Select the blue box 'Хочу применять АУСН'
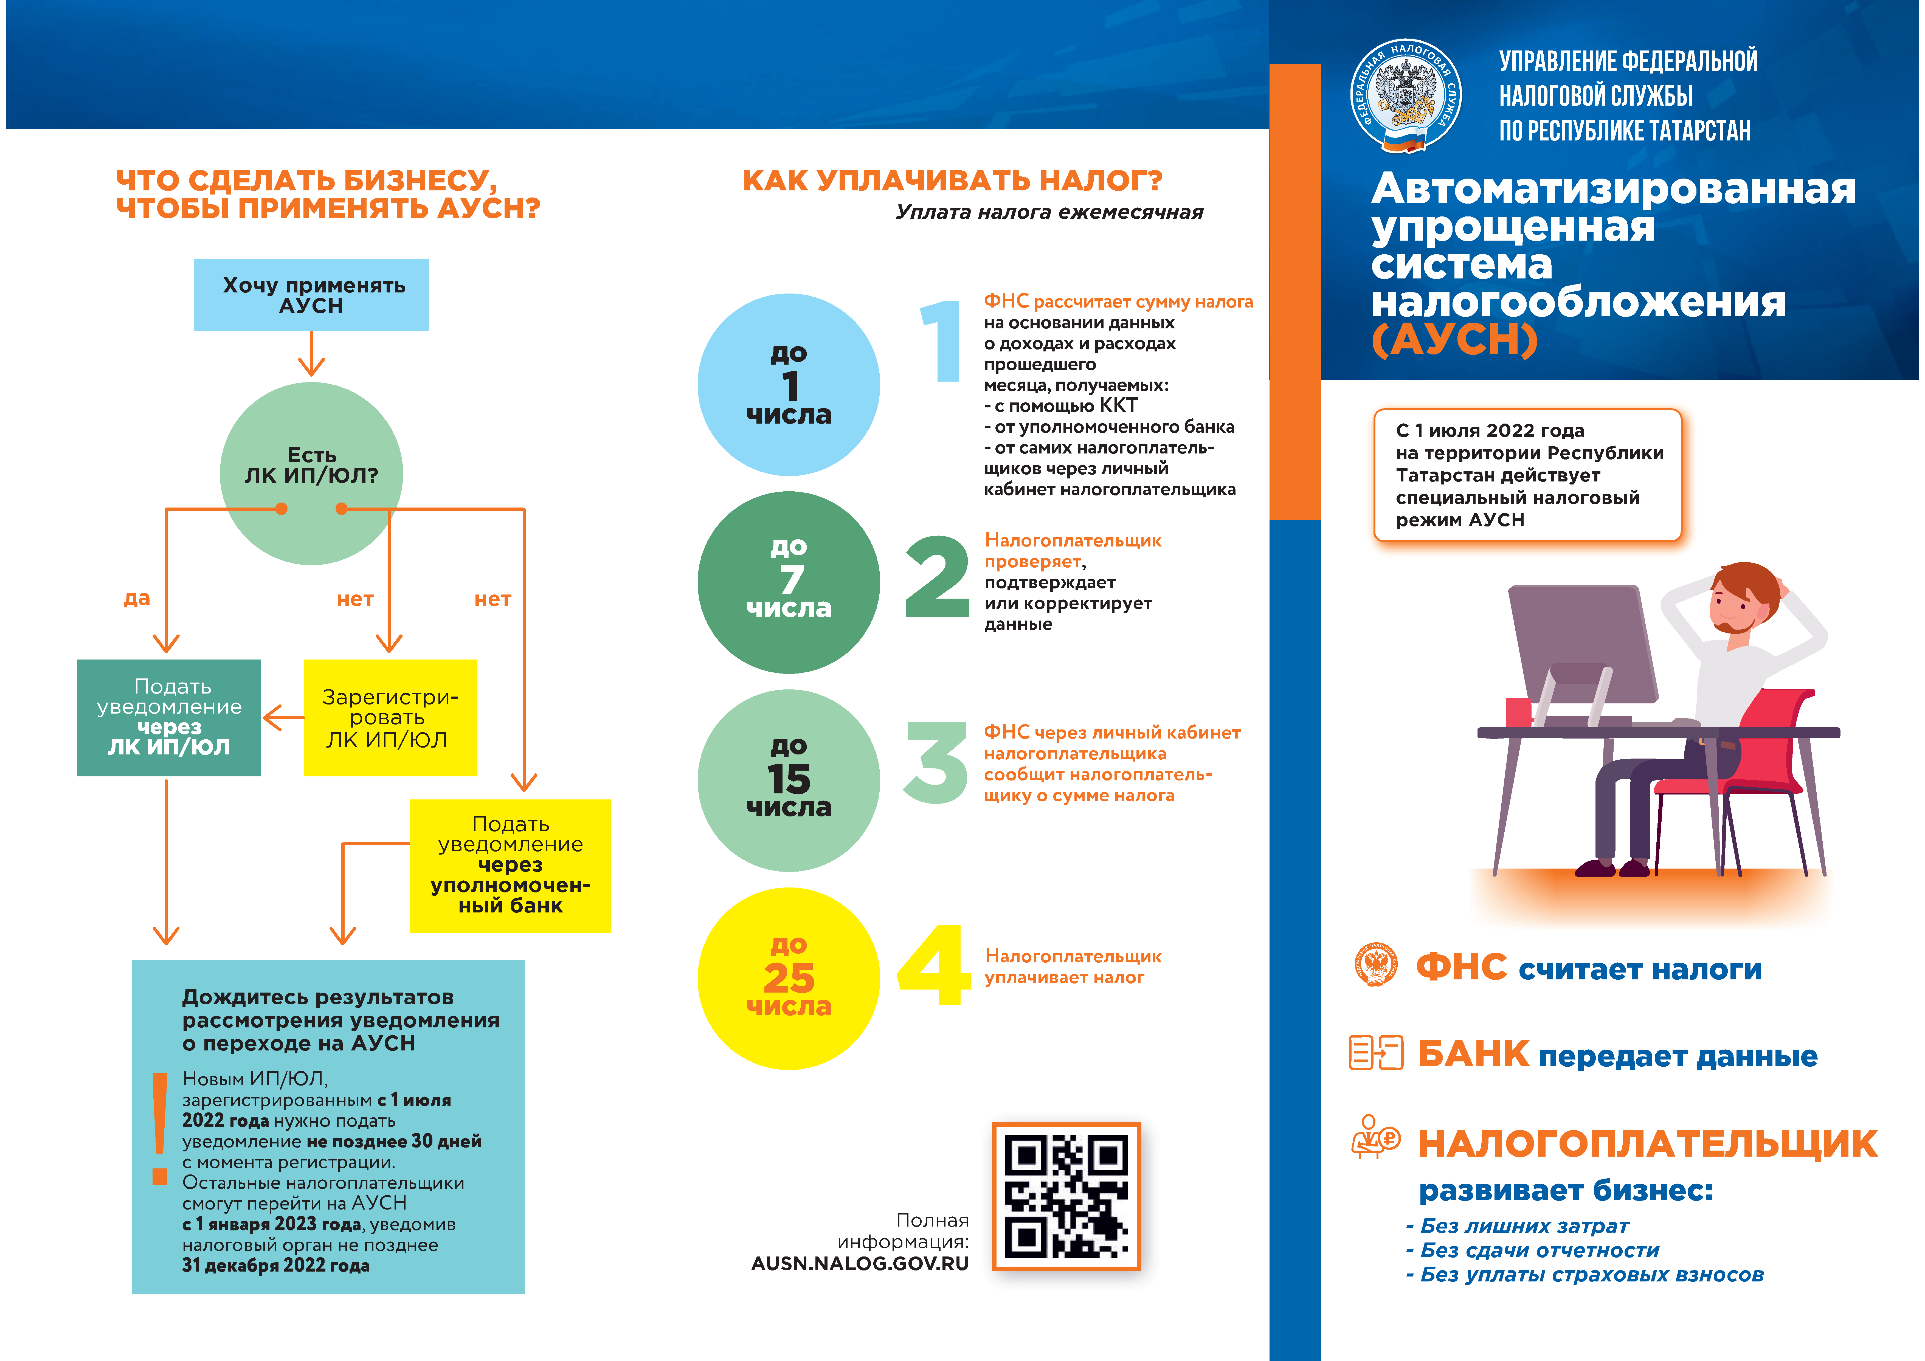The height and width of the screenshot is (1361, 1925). click(311, 295)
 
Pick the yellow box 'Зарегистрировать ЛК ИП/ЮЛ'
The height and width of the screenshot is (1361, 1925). click(390, 718)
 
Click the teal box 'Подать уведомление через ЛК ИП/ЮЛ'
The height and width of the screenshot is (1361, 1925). click(168, 718)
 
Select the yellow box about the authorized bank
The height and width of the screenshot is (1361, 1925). click(510, 865)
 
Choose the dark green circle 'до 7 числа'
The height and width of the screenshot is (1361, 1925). click(788, 582)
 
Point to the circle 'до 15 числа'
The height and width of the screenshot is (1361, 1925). click(788, 780)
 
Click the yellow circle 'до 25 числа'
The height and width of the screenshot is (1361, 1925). click(788, 978)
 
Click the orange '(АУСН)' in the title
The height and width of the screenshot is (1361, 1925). click(1455, 340)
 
